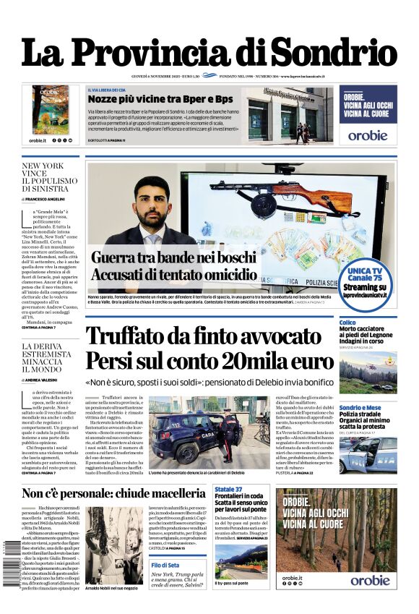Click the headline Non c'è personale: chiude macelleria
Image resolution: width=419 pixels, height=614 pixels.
pos(113,494)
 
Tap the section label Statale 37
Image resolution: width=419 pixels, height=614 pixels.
pos(228,490)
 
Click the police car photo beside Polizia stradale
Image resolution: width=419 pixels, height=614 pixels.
pos(368,454)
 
